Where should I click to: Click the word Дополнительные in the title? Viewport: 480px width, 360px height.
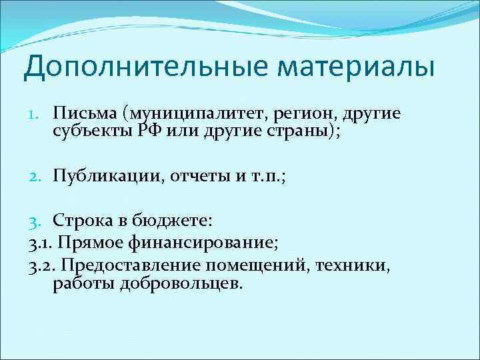click(133, 69)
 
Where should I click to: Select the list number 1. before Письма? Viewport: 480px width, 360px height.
click(37, 114)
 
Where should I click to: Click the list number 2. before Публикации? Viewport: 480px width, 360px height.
click(37, 175)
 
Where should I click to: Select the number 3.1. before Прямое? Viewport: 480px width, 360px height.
click(41, 244)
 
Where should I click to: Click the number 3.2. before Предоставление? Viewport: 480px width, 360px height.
click(43, 267)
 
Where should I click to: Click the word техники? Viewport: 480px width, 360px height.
click(349, 267)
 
